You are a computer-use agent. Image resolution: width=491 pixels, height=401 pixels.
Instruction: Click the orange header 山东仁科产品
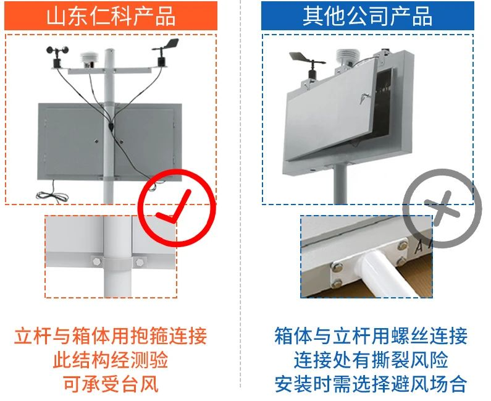point(111,15)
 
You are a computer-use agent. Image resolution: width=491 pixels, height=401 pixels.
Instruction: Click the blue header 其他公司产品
point(367,15)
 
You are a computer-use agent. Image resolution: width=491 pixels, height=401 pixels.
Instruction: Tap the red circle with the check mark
point(177,208)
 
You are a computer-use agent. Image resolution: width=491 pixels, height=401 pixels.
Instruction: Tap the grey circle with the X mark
point(442,208)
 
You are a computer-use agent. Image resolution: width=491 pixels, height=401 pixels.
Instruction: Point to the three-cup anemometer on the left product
point(57,56)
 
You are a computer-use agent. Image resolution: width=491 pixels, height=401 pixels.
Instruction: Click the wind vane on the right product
point(308,65)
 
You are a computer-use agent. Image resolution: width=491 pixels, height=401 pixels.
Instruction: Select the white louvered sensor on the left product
point(89,60)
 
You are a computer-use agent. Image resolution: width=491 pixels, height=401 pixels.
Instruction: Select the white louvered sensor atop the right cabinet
point(346,57)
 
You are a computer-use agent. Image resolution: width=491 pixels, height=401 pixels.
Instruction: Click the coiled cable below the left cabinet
point(52,194)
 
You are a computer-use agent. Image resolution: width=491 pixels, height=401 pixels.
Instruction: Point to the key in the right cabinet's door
point(365,98)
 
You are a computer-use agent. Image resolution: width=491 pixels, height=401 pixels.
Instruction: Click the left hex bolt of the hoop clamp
point(96,261)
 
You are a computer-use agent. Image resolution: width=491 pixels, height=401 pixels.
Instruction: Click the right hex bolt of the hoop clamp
point(140,261)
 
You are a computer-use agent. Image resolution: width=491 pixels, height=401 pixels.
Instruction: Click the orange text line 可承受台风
point(111,384)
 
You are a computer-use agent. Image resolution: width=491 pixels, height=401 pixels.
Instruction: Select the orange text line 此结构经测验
point(111,360)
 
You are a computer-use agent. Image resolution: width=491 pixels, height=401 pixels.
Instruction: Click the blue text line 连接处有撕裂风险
point(371,360)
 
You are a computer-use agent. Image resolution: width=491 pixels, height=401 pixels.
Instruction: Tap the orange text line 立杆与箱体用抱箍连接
point(111,336)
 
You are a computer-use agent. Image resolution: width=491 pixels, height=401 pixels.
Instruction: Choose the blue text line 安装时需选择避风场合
point(371,384)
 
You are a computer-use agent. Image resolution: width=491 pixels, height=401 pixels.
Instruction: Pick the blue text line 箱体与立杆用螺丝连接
point(371,336)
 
